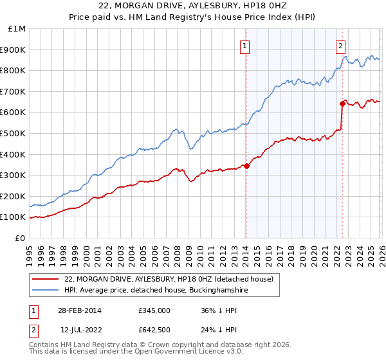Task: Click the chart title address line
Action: tap(193, 6)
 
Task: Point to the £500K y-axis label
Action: tap(14, 133)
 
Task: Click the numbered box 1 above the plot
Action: tap(246, 46)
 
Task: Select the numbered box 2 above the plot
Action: tap(340, 46)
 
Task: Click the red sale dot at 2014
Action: tap(246, 166)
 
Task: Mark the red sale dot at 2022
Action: tap(342, 104)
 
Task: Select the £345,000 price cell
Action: tap(154, 310)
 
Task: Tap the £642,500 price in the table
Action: tap(154, 330)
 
